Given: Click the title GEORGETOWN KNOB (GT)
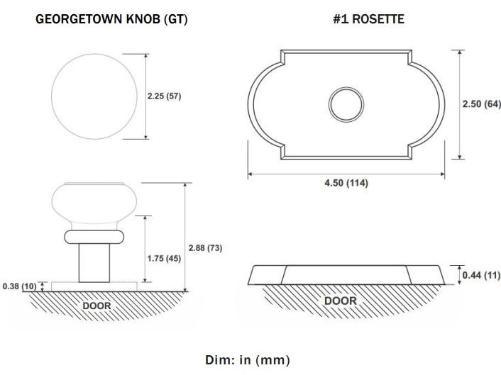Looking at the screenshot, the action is click(111, 19).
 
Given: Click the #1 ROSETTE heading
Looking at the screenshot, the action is click(369, 19).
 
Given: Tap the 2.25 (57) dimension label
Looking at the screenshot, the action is click(164, 96).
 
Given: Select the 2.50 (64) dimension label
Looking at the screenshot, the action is click(482, 104).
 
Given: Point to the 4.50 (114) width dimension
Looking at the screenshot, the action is click(346, 183).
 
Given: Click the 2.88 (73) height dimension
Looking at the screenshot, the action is click(205, 248).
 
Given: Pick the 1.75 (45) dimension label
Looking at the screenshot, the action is click(164, 258).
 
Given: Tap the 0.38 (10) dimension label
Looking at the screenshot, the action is click(19, 286).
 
